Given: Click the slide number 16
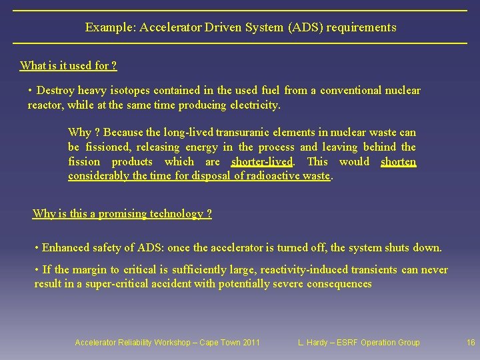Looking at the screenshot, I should click(471, 343).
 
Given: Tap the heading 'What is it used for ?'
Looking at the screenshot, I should click(69, 65).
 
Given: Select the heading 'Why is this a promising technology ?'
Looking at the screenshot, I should click(122, 214).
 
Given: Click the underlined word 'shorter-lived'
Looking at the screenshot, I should click(262, 162).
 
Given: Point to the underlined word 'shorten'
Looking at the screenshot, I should click(398, 162).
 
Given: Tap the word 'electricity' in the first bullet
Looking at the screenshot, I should click(255, 105).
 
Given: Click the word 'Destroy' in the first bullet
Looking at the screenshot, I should click(56, 91).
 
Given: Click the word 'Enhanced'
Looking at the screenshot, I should click(65, 248).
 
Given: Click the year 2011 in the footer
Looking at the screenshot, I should click(250, 343).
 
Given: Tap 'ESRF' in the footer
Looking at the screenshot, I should click(347, 343).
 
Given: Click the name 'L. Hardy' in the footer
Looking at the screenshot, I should click(313, 343).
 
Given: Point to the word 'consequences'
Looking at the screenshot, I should click(339, 284).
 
